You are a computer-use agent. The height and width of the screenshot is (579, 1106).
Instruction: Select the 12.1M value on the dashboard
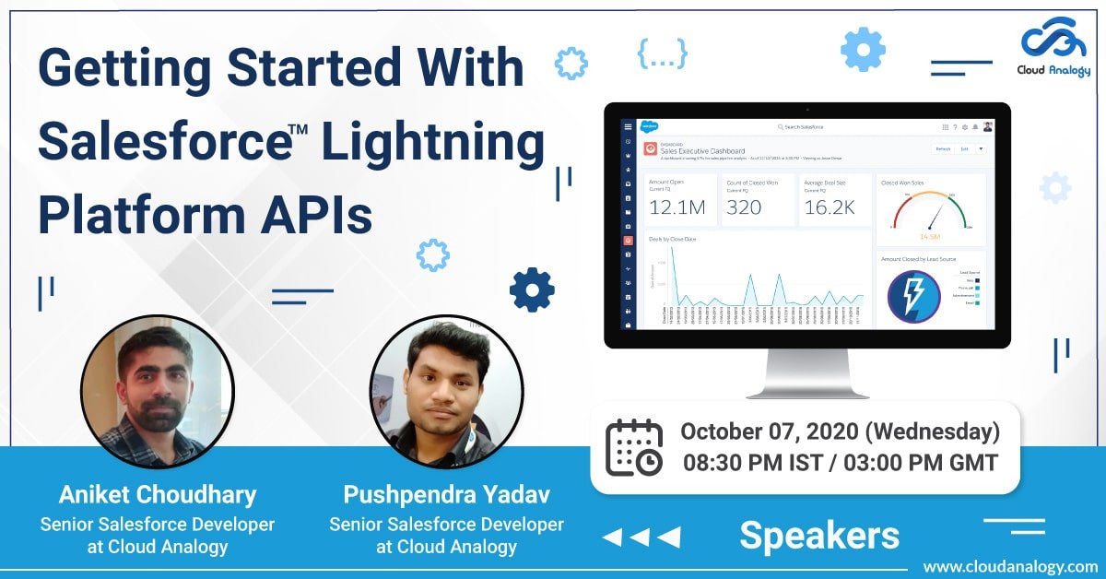pos(677,208)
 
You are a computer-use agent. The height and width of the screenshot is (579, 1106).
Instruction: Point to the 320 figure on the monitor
pos(744,208)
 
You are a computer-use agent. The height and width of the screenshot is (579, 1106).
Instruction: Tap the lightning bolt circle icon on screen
pos(912,296)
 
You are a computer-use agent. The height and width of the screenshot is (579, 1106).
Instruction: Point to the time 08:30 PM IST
pos(754,463)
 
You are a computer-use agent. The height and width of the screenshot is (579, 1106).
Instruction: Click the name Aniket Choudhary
pos(157,495)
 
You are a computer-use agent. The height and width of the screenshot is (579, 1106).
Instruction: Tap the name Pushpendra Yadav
pos(446,495)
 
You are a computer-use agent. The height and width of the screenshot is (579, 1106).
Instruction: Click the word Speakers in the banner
pos(818,535)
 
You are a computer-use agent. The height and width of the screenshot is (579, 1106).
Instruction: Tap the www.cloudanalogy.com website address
pos(1009,566)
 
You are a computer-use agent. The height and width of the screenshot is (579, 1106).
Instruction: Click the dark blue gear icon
pos(532,290)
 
